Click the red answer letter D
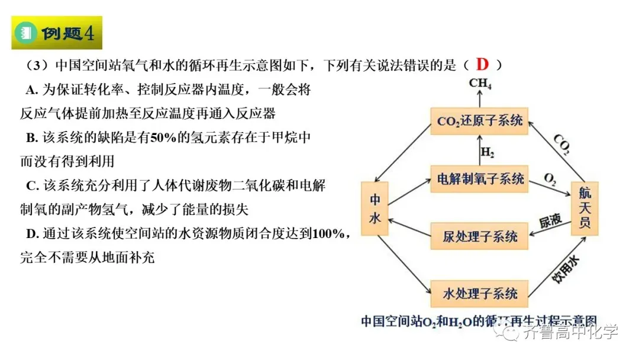(482, 65)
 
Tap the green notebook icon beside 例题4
(25, 33)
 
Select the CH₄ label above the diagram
(480, 83)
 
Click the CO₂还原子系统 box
(479, 121)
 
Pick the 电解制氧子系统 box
(479, 179)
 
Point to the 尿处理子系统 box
(479, 236)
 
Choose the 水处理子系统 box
(479, 294)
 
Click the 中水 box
(375, 208)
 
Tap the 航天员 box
(585, 208)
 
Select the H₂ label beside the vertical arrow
(488, 152)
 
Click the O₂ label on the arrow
(550, 179)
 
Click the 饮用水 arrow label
(566, 269)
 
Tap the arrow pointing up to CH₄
(480, 99)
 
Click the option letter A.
(31, 89)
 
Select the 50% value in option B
(163, 138)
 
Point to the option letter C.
(32, 186)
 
